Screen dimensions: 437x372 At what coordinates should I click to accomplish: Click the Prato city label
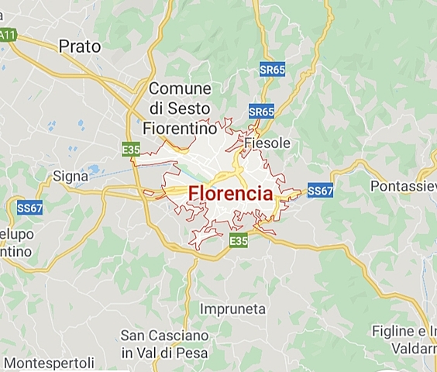click(80, 46)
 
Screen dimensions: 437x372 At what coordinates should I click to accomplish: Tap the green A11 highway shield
click(8, 35)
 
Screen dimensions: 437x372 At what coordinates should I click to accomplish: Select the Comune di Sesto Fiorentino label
click(180, 108)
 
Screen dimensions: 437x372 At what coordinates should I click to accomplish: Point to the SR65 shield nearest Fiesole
click(262, 112)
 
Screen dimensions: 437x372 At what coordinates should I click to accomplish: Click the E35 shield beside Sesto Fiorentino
click(130, 147)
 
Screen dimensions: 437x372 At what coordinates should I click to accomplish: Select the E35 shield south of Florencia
click(239, 243)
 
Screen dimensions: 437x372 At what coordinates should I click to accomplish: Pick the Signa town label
click(71, 176)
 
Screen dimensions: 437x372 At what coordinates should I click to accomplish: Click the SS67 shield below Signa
click(29, 208)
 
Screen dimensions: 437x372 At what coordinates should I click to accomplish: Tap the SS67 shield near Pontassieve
click(320, 190)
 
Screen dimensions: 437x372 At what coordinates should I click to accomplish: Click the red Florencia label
click(230, 194)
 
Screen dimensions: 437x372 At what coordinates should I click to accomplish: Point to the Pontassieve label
click(403, 186)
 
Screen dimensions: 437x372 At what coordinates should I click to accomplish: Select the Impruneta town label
click(232, 308)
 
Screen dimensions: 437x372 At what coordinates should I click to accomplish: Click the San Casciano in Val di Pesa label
click(164, 345)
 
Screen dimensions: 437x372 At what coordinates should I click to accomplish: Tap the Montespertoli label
click(49, 362)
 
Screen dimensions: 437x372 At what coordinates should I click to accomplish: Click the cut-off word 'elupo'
click(15, 235)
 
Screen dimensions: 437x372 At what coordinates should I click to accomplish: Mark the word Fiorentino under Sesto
click(179, 126)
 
